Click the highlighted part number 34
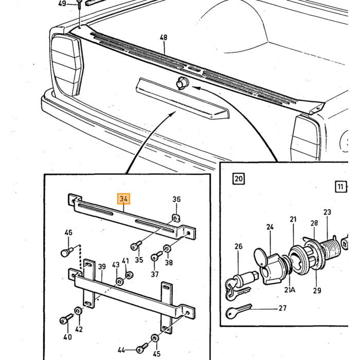124,199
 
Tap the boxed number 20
239,178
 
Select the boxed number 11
340,187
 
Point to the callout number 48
164,37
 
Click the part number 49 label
62,4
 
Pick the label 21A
290,290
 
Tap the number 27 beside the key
282,308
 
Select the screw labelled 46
67,251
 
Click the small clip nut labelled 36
176,218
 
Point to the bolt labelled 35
136,245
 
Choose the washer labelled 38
167,248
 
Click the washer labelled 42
78,311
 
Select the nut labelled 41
130,275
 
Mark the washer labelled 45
155,338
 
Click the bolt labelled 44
142,348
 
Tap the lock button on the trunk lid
182,83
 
